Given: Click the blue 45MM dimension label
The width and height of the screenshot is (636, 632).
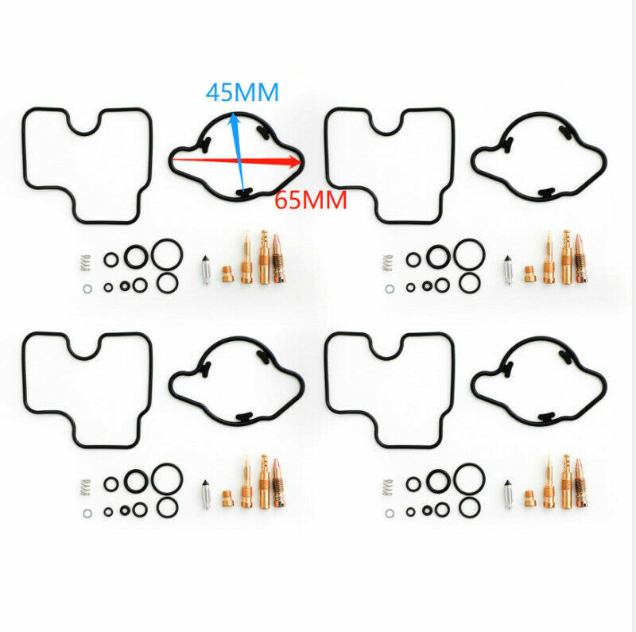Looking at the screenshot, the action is [x=242, y=92].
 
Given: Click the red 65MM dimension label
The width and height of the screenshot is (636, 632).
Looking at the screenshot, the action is [x=311, y=200].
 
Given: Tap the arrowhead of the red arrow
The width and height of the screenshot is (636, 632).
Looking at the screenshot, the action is [x=299, y=162].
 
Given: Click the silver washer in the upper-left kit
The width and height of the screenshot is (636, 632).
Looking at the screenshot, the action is [x=86, y=285].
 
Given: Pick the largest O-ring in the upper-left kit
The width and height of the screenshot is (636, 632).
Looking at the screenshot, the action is [x=167, y=254].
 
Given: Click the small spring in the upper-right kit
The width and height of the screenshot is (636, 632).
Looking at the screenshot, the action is [x=388, y=261].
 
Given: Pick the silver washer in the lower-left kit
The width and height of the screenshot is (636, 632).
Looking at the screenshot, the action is [x=86, y=510].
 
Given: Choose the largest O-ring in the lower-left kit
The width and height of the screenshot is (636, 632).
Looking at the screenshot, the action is [x=167, y=479].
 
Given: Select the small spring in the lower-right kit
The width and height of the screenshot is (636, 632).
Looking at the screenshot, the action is [x=388, y=485].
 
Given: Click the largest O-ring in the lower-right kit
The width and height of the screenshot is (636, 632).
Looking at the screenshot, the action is [x=469, y=479].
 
